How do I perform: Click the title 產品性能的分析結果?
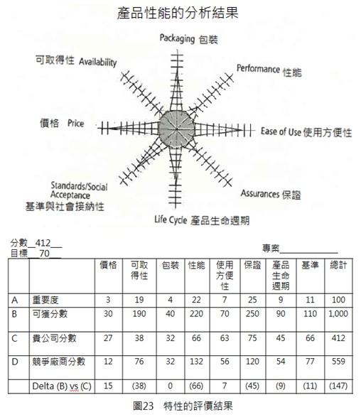click(x=177, y=13)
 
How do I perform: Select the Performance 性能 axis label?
click(x=269, y=70)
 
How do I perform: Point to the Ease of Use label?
click(x=281, y=132)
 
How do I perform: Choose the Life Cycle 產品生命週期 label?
click(x=202, y=220)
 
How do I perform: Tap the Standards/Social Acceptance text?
click(x=79, y=190)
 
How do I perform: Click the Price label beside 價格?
click(x=75, y=124)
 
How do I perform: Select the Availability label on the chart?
click(x=97, y=63)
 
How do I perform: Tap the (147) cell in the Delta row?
click(x=338, y=386)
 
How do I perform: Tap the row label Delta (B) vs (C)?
click(x=62, y=386)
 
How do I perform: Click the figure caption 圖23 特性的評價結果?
click(x=183, y=406)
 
